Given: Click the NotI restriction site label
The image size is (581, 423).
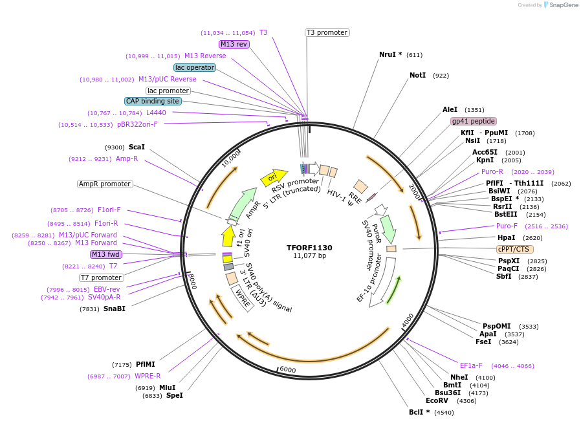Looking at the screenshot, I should coord(417,76).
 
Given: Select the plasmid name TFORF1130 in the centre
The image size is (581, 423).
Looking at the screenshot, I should coord(309,248).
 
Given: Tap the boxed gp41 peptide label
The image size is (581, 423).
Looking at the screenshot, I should coord(474,121).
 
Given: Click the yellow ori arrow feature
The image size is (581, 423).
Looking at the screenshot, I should coord(272,177).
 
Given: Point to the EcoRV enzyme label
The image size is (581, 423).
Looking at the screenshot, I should coord(437,401).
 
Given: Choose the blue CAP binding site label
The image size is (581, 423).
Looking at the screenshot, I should coord(153,101).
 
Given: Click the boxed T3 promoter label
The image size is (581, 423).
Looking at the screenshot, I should coord(327,32).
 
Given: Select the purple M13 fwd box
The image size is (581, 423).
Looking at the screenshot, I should coord(106,254).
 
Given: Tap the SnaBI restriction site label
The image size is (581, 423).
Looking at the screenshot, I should coord(114,309).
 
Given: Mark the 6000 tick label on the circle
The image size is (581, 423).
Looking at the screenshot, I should coord(287,369).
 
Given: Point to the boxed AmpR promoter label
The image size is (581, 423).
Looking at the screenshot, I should coord(105,184).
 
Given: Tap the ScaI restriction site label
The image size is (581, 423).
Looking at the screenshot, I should coord(137,147).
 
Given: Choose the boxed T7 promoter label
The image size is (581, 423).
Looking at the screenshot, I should coord(102,277).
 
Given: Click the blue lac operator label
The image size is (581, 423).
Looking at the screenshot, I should coord(195,67).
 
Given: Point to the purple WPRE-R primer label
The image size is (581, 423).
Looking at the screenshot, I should coord(148,376).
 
